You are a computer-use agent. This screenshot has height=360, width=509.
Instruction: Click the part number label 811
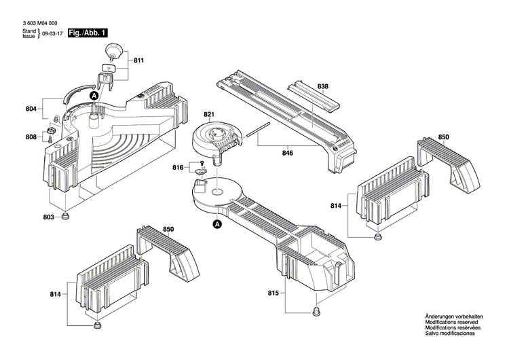(139, 61)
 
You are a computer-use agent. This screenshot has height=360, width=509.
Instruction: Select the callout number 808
(31, 137)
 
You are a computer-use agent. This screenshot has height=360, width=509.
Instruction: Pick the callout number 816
(178, 167)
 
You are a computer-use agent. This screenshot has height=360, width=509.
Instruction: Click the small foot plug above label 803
(67, 217)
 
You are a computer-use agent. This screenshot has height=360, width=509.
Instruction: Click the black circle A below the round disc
(217, 223)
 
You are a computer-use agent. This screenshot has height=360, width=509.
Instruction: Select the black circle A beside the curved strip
(94, 96)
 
